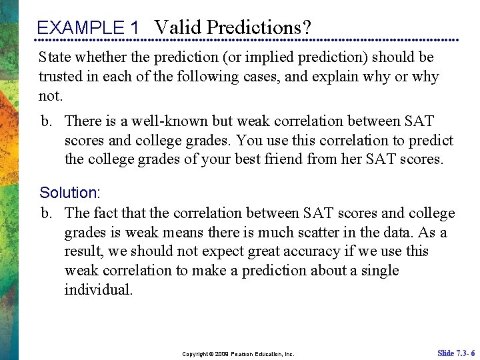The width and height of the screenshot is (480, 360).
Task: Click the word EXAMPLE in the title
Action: pyautogui.click(x=80, y=28)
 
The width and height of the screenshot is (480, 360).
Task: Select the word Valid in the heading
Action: pyautogui.click(x=179, y=27)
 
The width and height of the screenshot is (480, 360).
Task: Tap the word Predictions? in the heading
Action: pyautogui.click(x=259, y=27)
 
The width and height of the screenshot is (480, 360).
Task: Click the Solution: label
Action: pyautogui.click(x=69, y=193)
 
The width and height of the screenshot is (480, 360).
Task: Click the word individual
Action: pyautogui.click(x=99, y=290)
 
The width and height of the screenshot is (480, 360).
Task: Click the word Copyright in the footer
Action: pyautogui.click(x=195, y=354)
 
